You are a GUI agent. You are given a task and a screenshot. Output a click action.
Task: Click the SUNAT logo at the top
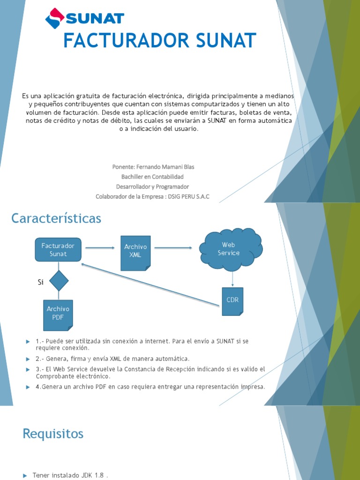84,19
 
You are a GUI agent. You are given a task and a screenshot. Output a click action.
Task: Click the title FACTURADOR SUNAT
159,41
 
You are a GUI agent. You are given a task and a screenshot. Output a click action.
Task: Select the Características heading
56,218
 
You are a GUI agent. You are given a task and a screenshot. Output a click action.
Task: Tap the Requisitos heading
53,434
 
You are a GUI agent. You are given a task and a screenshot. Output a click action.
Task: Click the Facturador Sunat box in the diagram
58,249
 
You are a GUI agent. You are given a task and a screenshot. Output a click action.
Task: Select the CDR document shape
232,300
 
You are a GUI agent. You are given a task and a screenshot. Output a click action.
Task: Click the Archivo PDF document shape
58,315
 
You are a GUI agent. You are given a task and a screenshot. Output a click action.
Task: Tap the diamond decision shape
58,280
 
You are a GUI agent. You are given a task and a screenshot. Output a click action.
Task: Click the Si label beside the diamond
40,282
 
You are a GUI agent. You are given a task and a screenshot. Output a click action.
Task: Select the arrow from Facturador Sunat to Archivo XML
100,248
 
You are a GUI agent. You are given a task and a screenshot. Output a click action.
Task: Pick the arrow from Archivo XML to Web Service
173,248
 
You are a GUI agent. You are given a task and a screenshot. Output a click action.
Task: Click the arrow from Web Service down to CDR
232,279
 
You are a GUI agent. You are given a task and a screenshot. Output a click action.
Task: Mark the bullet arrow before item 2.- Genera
28,359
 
